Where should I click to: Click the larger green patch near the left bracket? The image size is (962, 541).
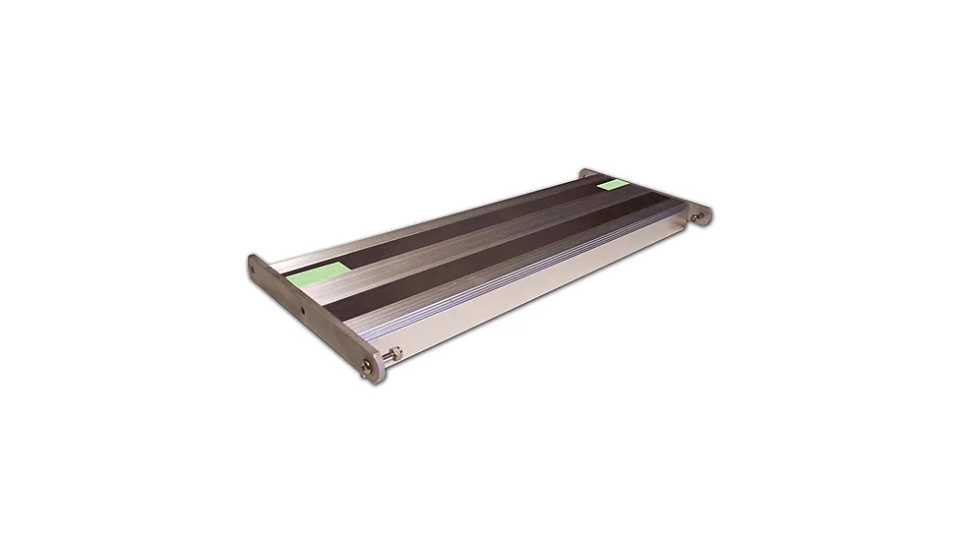pyautogui.click(x=318, y=272)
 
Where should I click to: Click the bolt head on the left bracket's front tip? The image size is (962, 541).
pyautogui.click(x=369, y=367)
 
